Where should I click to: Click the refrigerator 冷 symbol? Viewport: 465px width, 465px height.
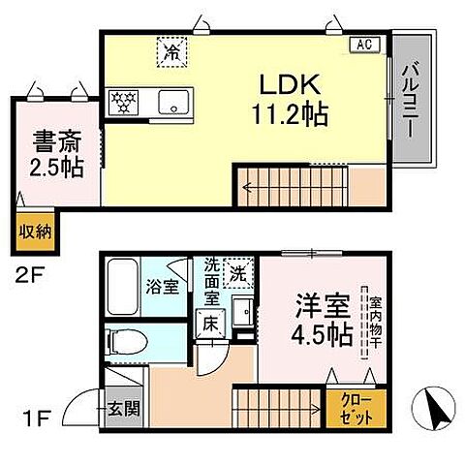pyautogui.click(x=172, y=49)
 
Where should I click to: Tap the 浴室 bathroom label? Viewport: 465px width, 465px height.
pyautogui.click(x=162, y=287)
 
